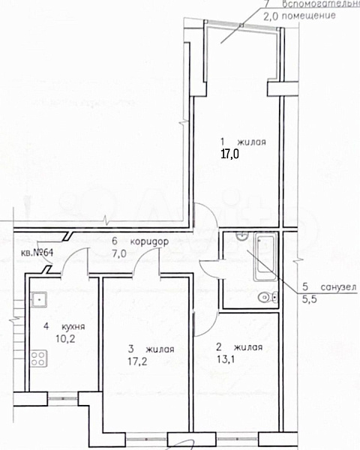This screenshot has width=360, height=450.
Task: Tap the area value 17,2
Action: coord(139,361)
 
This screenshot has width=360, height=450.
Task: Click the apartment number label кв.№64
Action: coord(37,252)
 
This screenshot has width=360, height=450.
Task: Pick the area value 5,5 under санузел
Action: coord(309,298)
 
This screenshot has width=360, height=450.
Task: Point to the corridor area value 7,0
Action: coord(119,253)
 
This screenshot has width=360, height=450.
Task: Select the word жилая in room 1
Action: coord(251,142)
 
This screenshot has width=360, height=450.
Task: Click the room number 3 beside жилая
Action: coord(130,349)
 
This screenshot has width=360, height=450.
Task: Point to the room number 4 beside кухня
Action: coord(46,327)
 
